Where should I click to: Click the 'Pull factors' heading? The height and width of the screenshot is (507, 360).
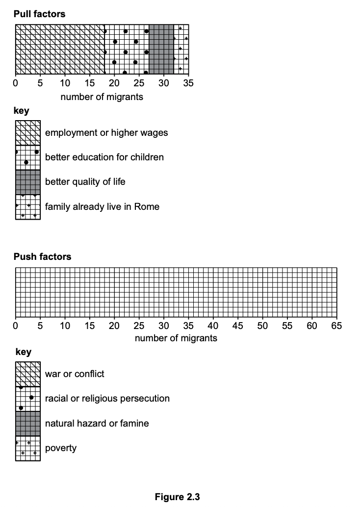(39, 14)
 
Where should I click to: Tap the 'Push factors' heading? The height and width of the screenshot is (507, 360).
(42, 256)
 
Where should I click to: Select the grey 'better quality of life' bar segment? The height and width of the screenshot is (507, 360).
(161, 50)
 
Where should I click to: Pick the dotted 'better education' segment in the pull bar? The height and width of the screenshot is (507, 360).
(127, 50)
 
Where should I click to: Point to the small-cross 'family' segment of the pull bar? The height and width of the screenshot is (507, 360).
(181, 50)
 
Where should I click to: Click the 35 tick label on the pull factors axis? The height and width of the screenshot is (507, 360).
(188, 83)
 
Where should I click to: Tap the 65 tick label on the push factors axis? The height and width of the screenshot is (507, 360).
(336, 325)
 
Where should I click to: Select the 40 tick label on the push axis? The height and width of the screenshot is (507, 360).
(213, 325)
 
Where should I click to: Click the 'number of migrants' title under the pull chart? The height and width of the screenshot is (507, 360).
(102, 97)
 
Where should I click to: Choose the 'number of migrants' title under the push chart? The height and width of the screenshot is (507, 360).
(176, 338)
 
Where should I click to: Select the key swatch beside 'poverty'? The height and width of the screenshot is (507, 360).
(27, 448)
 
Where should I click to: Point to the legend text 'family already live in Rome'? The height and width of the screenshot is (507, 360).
(102, 206)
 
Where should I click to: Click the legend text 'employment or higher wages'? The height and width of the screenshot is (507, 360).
(106, 132)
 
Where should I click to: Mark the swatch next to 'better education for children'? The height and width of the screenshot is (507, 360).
(27, 157)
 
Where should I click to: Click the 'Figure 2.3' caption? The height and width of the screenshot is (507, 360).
(177, 497)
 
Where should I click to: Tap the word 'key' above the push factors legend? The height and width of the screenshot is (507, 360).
(24, 352)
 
